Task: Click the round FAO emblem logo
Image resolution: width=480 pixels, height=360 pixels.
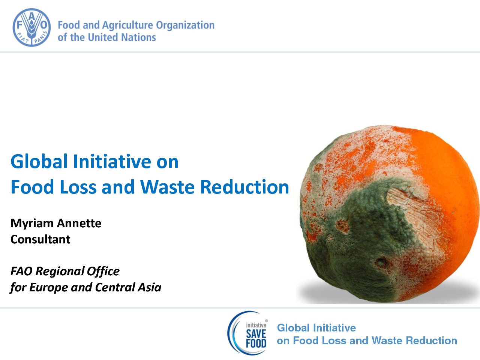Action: coord(32,27)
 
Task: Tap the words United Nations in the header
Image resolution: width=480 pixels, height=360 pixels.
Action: coord(122,37)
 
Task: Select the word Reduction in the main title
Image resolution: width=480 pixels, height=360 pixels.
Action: coord(245,187)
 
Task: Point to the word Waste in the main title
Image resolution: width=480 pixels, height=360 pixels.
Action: coord(167,187)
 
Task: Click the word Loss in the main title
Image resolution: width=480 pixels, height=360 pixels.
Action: coord(78,187)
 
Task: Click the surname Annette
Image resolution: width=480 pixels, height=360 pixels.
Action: coord(79,223)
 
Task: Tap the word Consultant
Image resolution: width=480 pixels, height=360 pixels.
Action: coord(40,239)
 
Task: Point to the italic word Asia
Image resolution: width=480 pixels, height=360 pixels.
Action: coord(149,287)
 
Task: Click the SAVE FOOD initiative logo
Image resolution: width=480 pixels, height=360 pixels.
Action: coord(247,333)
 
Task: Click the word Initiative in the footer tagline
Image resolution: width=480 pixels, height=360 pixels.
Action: coord(334,328)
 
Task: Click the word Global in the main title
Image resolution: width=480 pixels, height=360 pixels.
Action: coord(39,162)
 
